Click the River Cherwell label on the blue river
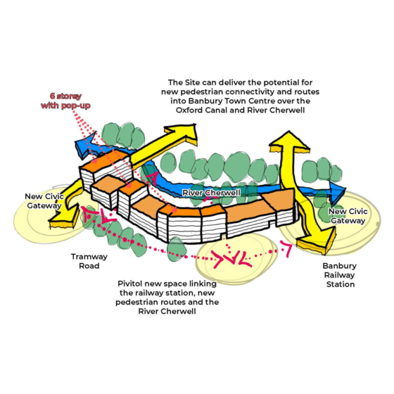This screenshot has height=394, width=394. (x=211, y=193)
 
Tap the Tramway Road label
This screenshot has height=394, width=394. (x=89, y=261)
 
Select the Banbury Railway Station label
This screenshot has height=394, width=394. (x=339, y=275)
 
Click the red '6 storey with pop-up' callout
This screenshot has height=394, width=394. (x=65, y=101)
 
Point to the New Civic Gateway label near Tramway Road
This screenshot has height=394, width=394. (x=44, y=201)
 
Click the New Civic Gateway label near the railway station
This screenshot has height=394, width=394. (x=348, y=216)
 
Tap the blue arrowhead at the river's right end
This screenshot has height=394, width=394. (x=338, y=193)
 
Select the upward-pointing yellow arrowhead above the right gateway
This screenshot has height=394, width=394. (x=289, y=141)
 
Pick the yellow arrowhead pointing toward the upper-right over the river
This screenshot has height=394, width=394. (x=184, y=133)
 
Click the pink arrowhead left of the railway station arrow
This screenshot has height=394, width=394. (x=286, y=248)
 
